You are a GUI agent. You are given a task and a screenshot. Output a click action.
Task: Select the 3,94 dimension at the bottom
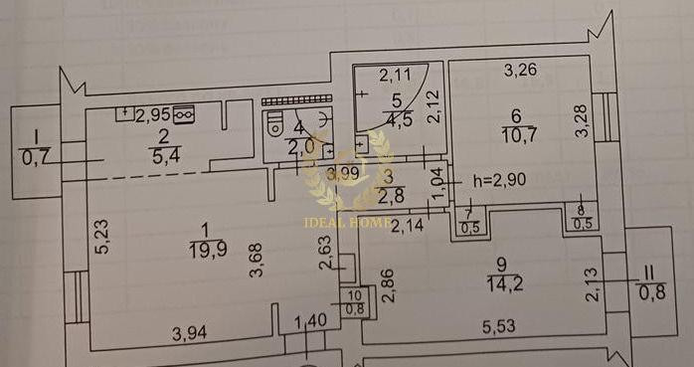point(190,332)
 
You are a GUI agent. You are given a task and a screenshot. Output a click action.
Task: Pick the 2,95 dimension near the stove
point(154,114)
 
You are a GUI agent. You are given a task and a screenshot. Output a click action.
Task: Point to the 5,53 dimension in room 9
point(502,326)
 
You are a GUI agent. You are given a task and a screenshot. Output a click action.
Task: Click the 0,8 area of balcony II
point(652,292)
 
